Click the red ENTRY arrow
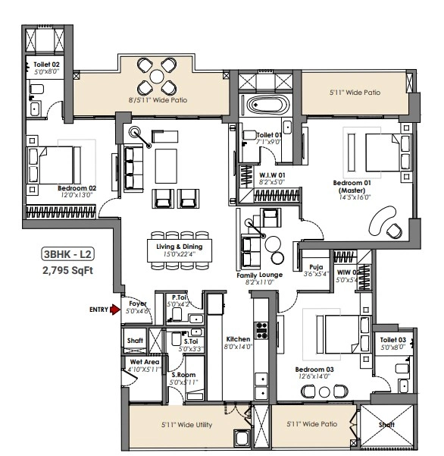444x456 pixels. click(115, 310)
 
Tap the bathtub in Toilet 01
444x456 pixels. click(267, 105)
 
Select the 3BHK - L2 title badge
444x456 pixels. click(68, 254)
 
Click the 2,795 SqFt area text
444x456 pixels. click(67, 270)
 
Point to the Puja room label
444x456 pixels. click(316, 267)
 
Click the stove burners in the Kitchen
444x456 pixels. click(261, 330)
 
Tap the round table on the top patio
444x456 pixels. click(157, 77)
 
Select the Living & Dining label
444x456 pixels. click(179, 247)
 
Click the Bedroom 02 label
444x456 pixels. click(77, 188)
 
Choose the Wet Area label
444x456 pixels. click(145, 362)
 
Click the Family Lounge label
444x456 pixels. click(259, 275)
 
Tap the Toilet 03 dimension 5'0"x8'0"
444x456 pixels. click(392, 348)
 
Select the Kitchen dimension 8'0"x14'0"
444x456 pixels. click(238, 347)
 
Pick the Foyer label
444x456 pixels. click(138, 303)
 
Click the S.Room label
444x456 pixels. click(183, 375)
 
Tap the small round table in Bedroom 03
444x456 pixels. click(324, 392)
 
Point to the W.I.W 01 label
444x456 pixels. click(272, 175)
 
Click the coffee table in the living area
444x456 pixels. click(166, 166)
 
